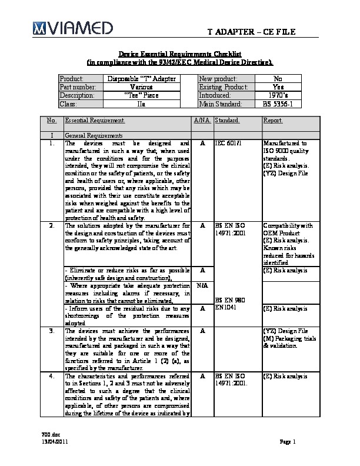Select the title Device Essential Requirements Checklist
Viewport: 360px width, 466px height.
tap(179, 54)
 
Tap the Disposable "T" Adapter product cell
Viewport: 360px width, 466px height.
tap(141, 78)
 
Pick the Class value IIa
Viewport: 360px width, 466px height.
tap(141, 104)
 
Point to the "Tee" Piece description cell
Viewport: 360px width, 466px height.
tap(141, 95)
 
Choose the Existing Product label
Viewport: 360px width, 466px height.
tap(222, 86)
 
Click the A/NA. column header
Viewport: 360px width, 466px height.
tap(202, 121)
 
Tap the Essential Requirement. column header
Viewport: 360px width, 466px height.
tap(95, 121)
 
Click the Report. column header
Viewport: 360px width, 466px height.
tap(274, 121)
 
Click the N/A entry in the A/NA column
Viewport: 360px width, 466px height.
tap(202, 285)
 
